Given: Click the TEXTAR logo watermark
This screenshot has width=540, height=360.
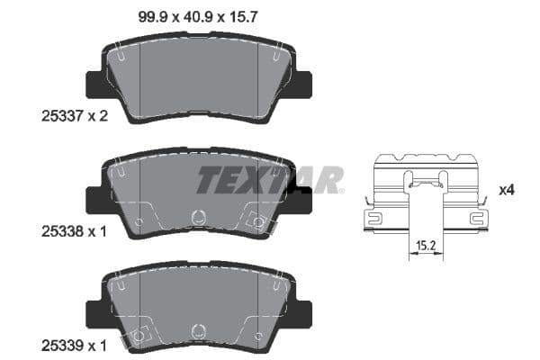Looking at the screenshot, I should pyautogui.click(x=270, y=180).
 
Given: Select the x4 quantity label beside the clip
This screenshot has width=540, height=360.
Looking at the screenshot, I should pyautogui.click(x=507, y=191).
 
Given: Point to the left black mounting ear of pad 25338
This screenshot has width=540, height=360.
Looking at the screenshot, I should pyautogui.click(x=94, y=199).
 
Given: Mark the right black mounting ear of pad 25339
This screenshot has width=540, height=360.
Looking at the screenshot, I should pyautogui.click(x=303, y=314).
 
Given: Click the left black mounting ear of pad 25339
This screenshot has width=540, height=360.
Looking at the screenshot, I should pyautogui.click(x=94, y=314).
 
